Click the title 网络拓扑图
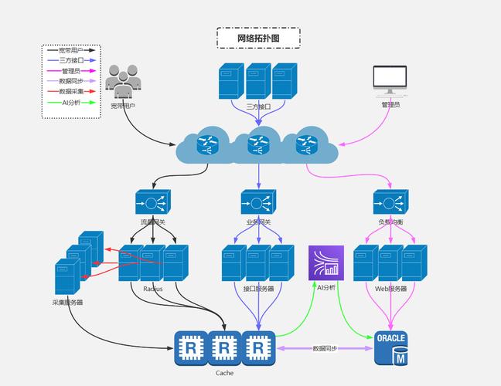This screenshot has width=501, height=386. coord(257,37)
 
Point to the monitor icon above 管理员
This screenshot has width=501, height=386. coord(390,80)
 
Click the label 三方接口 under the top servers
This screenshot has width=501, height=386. coord(258,106)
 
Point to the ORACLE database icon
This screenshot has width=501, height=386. coord(390,348)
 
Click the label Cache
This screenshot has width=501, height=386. coord(224,373)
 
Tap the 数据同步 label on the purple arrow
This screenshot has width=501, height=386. coord(325,348)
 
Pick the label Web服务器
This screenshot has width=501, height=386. coord(390,289)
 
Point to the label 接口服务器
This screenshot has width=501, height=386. coord(258,289)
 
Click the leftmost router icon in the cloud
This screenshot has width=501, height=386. coord(208,144)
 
